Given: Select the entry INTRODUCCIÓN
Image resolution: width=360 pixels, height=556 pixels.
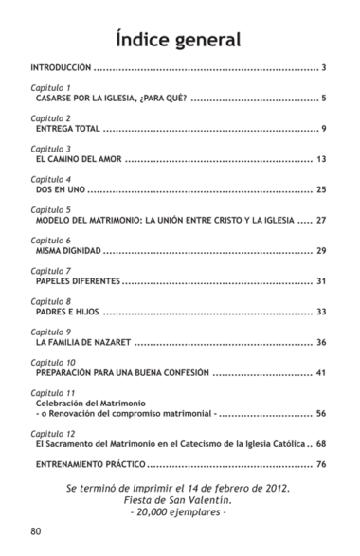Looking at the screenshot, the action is pos(62,68).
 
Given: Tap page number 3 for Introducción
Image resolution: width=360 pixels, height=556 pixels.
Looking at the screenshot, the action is pos(324,68).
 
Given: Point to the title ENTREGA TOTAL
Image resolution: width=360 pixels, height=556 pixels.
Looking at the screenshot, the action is pos(65,128).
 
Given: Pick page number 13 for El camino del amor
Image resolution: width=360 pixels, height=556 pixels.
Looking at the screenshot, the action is pos(321,159).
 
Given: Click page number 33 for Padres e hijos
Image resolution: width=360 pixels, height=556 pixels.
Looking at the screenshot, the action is pos(321,312).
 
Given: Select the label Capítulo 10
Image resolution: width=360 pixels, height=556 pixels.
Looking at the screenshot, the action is pos(53,362).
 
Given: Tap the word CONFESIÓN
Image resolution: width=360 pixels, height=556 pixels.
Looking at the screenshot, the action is pos(180,372).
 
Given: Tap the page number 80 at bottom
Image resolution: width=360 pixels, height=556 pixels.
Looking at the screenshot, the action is pos(36,530).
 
